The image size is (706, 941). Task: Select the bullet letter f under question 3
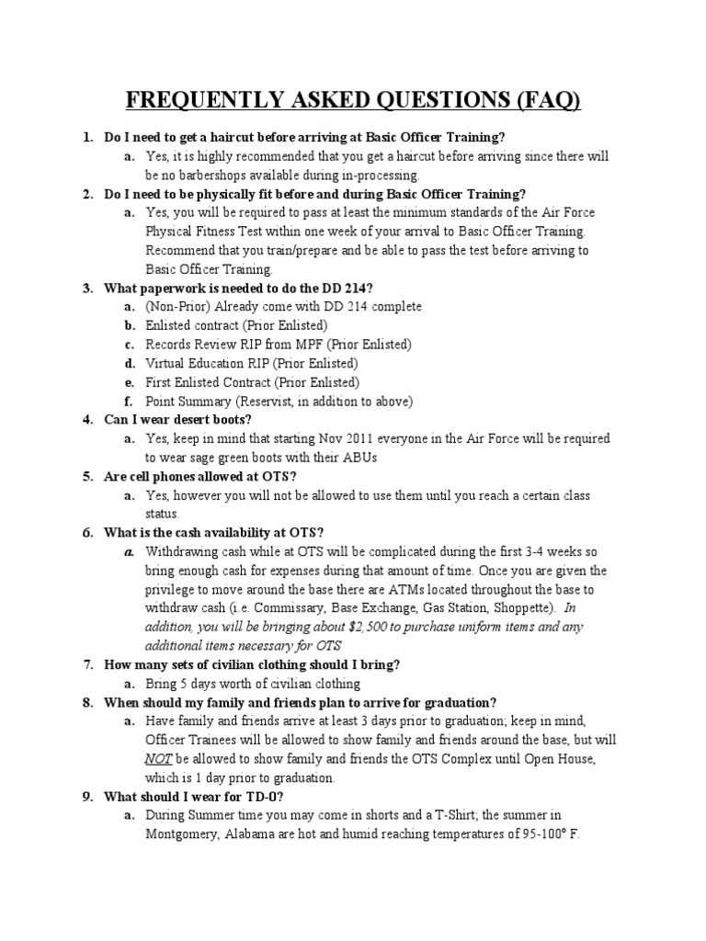[x=130, y=401]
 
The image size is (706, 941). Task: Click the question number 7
[x=87, y=664]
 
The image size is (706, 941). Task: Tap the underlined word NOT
[x=158, y=758]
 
